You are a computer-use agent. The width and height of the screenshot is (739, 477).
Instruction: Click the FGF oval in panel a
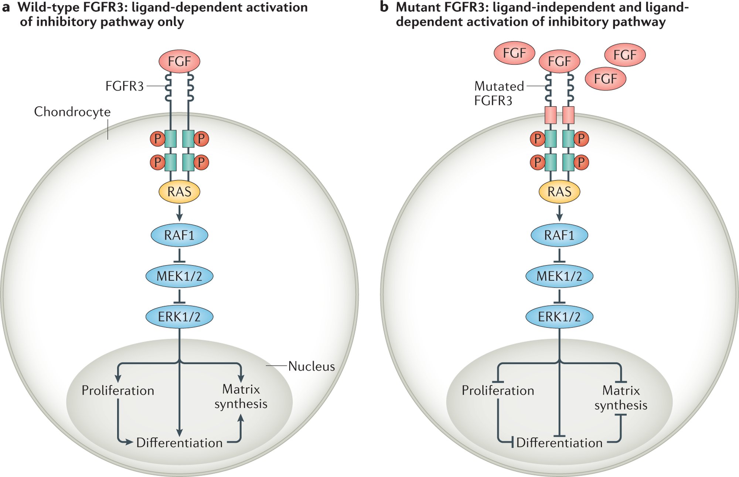pyautogui.click(x=179, y=61)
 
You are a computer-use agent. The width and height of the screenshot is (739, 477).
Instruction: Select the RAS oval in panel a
pyautogui.click(x=179, y=192)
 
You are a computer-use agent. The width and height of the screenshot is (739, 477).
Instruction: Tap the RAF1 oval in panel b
pyautogui.click(x=559, y=235)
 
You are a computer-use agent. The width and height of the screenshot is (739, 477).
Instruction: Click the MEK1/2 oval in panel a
pyautogui.click(x=179, y=276)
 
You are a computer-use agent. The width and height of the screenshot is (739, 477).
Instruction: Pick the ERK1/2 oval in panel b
pyautogui.click(x=559, y=317)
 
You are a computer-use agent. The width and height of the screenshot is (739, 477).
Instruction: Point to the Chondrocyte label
pyautogui.click(x=72, y=112)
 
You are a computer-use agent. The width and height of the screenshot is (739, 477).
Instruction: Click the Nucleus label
pyautogui.click(x=311, y=366)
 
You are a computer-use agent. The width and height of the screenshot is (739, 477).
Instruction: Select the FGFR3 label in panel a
pyautogui.click(x=125, y=86)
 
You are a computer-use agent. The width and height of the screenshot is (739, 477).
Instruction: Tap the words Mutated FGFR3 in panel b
pyautogui.click(x=499, y=93)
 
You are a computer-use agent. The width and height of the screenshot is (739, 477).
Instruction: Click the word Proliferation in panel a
pyautogui.click(x=118, y=390)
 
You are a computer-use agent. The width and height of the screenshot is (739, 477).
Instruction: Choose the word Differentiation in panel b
pyautogui.click(x=559, y=443)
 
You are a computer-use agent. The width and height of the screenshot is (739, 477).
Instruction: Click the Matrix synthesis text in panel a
pyautogui.click(x=241, y=397)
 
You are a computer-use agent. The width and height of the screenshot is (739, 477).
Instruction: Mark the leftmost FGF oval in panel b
pyautogui.click(x=514, y=53)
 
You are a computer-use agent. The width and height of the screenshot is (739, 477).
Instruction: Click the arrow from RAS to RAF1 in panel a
pyautogui.click(x=179, y=213)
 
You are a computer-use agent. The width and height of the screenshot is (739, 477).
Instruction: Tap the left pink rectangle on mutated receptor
pyautogui.click(x=551, y=115)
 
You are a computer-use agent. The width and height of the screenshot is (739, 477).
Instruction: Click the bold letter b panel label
pyautogui.click(x=384, y=7)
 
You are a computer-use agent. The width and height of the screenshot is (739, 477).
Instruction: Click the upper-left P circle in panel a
pyautogui.click(x=157, y=139)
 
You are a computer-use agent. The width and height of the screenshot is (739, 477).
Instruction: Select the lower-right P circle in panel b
pyautogui.click(x=581, y=162)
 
